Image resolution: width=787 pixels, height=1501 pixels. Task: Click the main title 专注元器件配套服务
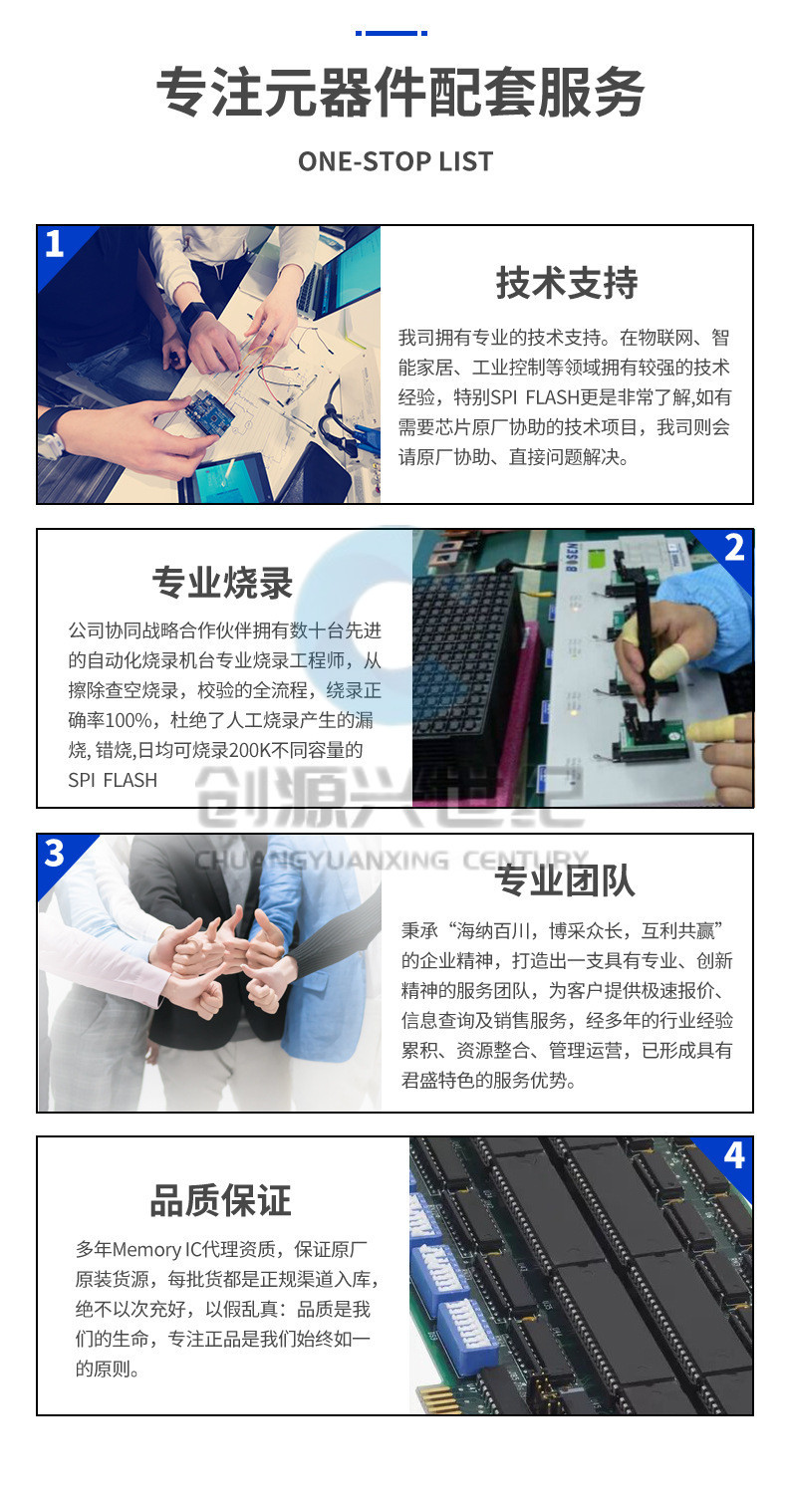[x=399, y=94]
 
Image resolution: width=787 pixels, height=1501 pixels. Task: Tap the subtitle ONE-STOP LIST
[x=394, y=161]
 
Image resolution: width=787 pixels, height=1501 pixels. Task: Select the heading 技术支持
[x=566, y=284]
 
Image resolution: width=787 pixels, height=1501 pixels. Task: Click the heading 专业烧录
[x=222, y=583]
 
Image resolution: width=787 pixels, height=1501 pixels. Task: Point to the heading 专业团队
[x=565, y=881]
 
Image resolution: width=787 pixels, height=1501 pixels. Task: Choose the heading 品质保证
[x=220, y=1200]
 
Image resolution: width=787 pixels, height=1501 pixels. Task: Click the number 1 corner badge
[x=55, y=244]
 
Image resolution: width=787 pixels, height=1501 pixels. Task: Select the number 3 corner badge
[x=55, y=853]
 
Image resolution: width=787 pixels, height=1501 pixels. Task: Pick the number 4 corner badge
[x=734, y=1155]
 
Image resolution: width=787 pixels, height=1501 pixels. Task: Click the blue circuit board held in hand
[x=209, y=411]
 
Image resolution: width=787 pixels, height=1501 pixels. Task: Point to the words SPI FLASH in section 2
[x=113, y=780]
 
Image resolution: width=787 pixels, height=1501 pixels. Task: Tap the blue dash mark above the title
[x=392, y=33]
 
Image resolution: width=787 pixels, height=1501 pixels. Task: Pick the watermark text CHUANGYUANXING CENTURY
[x=393, y=860]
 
